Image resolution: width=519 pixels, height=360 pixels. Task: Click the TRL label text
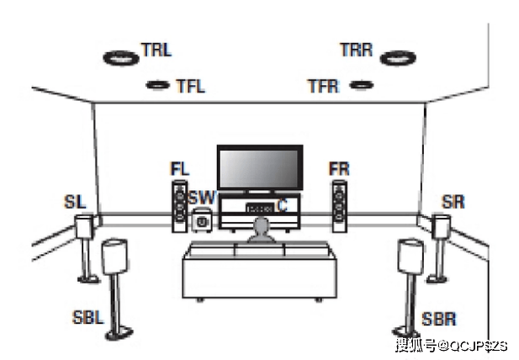pos(156,49)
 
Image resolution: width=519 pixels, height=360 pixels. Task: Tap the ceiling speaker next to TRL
pos(120,59)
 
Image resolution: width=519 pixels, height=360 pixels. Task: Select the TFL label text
pos(190,85)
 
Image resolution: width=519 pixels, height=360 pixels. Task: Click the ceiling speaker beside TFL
pos(156,84)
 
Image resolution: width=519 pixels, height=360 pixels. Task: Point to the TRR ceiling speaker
pos(397,59)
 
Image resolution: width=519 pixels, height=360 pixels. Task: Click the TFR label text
pos(323,85)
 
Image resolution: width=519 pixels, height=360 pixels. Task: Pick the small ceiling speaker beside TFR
pos(360,84)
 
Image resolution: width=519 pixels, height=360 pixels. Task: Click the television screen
pos(258,168)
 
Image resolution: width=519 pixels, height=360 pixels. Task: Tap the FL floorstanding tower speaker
pos(179,206)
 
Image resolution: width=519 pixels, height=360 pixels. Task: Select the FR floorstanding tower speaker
pos(338,206)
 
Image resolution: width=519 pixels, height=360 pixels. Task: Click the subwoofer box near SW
pos(201,223)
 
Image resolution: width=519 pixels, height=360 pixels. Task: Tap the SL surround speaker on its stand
pos(84,227)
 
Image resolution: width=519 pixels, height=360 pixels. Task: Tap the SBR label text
pos(439,320)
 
